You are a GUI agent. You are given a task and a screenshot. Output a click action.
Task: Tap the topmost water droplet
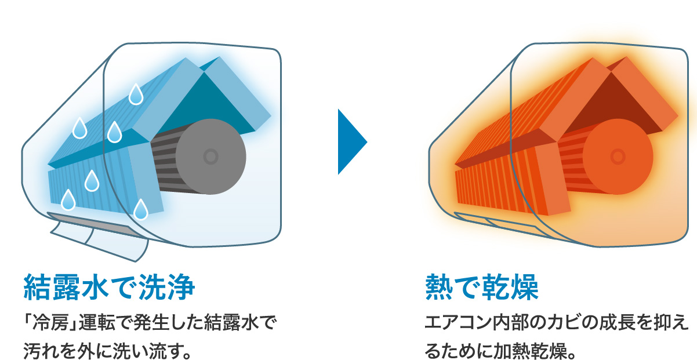[136, 95]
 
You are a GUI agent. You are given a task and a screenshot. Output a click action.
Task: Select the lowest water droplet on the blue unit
[141, 210]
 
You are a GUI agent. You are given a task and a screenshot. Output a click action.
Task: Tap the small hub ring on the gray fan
[210, 155]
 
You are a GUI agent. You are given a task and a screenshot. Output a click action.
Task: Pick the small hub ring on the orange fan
[618, 155]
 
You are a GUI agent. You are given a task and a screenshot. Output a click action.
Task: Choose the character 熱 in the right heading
[438, 287]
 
